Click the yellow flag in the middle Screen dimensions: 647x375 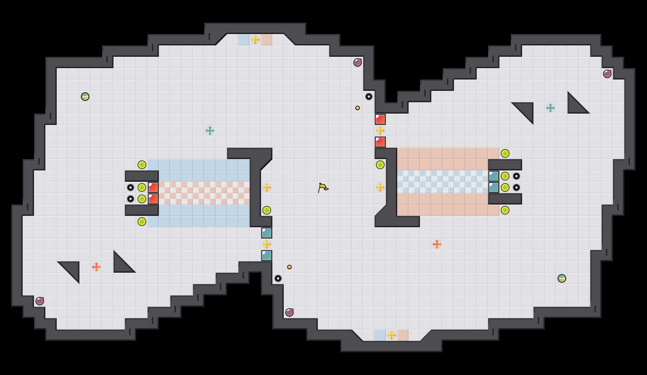coord(323,188)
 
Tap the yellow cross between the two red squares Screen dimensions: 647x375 coord(380,131)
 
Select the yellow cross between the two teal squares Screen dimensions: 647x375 coord(267,244)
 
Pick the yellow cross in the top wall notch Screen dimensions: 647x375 coord(255,40)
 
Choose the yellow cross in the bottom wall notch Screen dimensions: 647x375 coord(392,335)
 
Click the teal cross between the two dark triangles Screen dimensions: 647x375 coord(551,108)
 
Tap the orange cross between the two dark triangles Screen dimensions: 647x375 coord(96,267)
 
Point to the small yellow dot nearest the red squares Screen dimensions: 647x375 coord(358,108)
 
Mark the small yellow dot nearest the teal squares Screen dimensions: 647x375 coord(289,267)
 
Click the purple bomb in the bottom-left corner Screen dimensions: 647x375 coord(40,301)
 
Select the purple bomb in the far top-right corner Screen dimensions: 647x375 coord(607,74)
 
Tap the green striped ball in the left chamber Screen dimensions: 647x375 coord(85,97)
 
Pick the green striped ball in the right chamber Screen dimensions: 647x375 coord(562,278)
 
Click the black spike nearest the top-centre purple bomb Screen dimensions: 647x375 coord(369,97)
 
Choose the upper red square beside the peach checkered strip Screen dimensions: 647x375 coord(153,188)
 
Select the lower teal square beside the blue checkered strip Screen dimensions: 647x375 coord(494,188)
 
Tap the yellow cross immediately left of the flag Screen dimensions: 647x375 coord(267,188)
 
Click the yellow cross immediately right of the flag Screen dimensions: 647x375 coord(380,188)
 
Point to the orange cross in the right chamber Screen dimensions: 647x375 coord(437,244)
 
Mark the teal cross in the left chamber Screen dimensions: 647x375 coord(210,131)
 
